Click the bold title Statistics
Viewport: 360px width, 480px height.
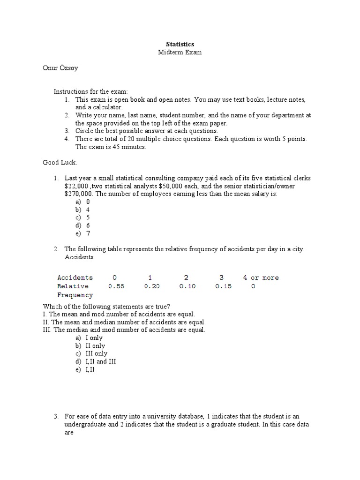point(180,44)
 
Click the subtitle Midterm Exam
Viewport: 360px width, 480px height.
point(180,52)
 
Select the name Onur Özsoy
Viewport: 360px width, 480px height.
point(60,68)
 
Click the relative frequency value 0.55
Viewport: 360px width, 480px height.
point(116,286)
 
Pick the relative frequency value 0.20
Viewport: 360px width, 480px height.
point(152,286)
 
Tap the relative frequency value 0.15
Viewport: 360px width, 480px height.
point(224,286)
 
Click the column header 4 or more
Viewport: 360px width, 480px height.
point(261,277)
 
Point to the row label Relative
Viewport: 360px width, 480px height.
point(73,286)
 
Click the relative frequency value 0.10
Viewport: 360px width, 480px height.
point(187,286)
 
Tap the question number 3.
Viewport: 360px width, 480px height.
point(55,416)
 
